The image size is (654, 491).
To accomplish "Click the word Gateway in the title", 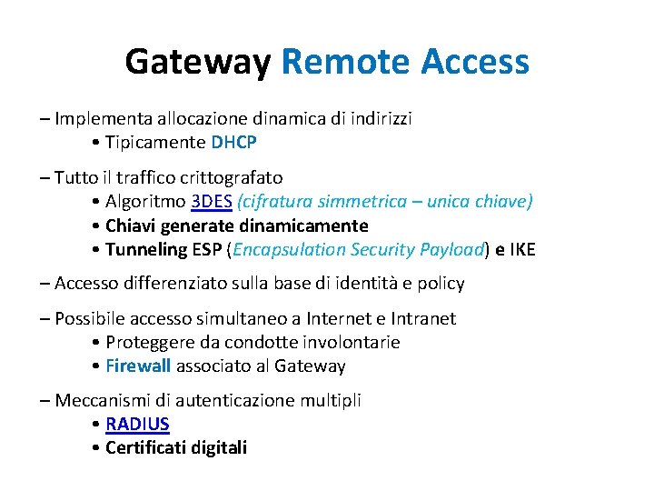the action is (198, 62).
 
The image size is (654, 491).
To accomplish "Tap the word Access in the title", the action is (475, 62).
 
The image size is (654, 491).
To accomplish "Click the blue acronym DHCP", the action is (234, 142).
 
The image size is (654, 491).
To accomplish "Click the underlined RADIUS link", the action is (137, 424).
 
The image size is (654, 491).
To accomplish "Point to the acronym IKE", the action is (522, 249).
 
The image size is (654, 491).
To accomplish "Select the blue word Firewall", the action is (138, 366).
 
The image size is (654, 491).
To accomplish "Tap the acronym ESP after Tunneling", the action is (207, 249).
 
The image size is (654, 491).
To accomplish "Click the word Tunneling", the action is (146, 249).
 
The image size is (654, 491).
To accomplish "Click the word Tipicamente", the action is (155, 142).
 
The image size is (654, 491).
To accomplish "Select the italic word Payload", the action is (453, 249).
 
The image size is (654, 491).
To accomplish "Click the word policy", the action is (439, 283).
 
